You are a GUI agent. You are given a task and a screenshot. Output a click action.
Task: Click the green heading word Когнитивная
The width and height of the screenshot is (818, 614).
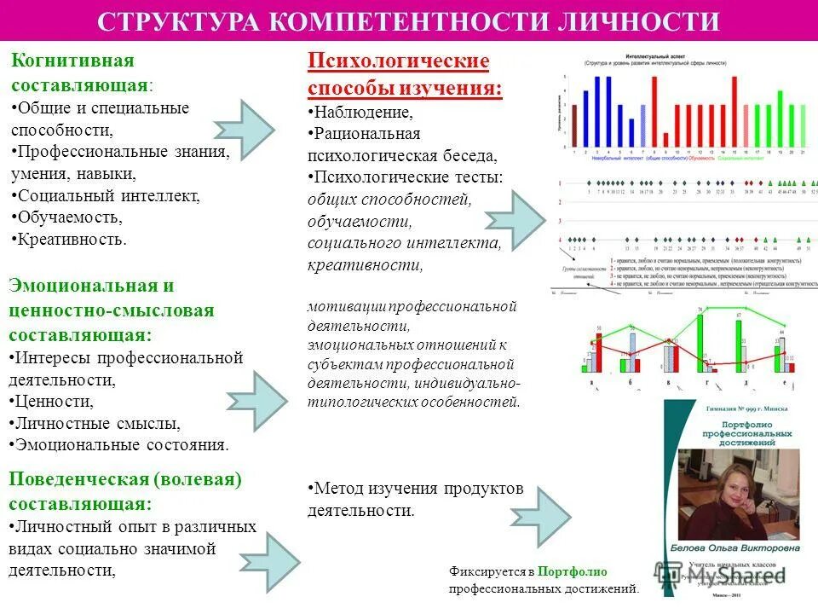72,62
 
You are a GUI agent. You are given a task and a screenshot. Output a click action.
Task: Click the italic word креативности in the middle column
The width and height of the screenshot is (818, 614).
366,265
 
